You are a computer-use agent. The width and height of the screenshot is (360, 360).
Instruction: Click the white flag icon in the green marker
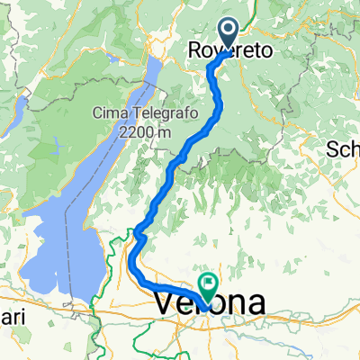click(x=209, y=284)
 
